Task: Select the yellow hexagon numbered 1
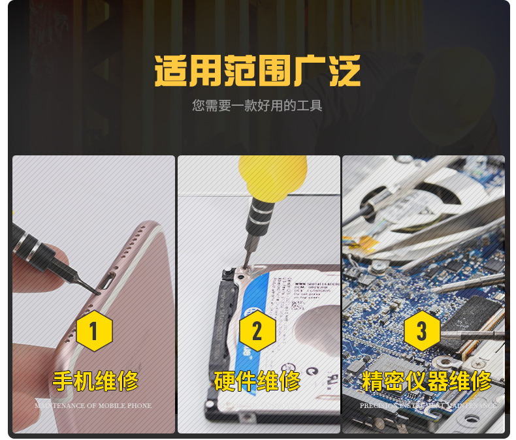pos(94,331)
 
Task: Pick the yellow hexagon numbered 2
pos(257,331)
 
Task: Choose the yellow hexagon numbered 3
pos(421,331)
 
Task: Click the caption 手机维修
pos(95,380)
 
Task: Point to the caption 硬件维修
pos(257,380)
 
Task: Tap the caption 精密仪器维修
pos(426,381)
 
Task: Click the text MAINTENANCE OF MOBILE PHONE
pos(93,406)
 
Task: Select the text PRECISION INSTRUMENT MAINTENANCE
pos(428,406)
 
